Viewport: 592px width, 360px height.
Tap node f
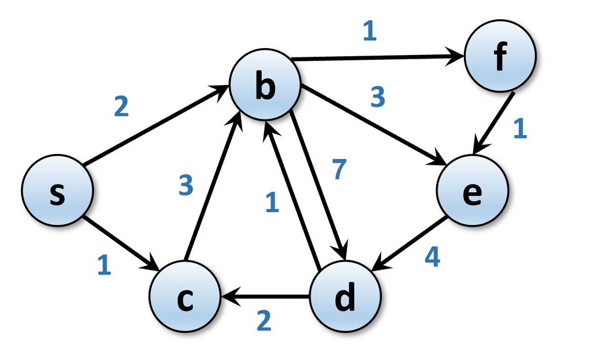(500, 57)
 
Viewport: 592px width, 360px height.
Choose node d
(343, 298)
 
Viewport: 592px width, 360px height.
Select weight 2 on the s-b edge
(121, 107)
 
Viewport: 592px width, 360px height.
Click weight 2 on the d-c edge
(263, 321)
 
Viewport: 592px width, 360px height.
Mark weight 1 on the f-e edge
(520, 129)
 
